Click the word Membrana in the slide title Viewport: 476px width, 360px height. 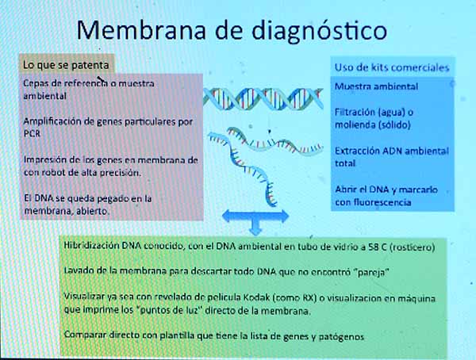click(x=141, y=30)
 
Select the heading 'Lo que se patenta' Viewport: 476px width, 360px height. click(x=66, y=65)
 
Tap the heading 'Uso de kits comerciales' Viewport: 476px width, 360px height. click(x=392, y=67)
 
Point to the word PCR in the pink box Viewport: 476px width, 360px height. click(x=32, y=133)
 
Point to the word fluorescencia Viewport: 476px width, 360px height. click(x=382, y=202)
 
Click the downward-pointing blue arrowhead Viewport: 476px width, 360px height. click(x=255, y=231)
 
